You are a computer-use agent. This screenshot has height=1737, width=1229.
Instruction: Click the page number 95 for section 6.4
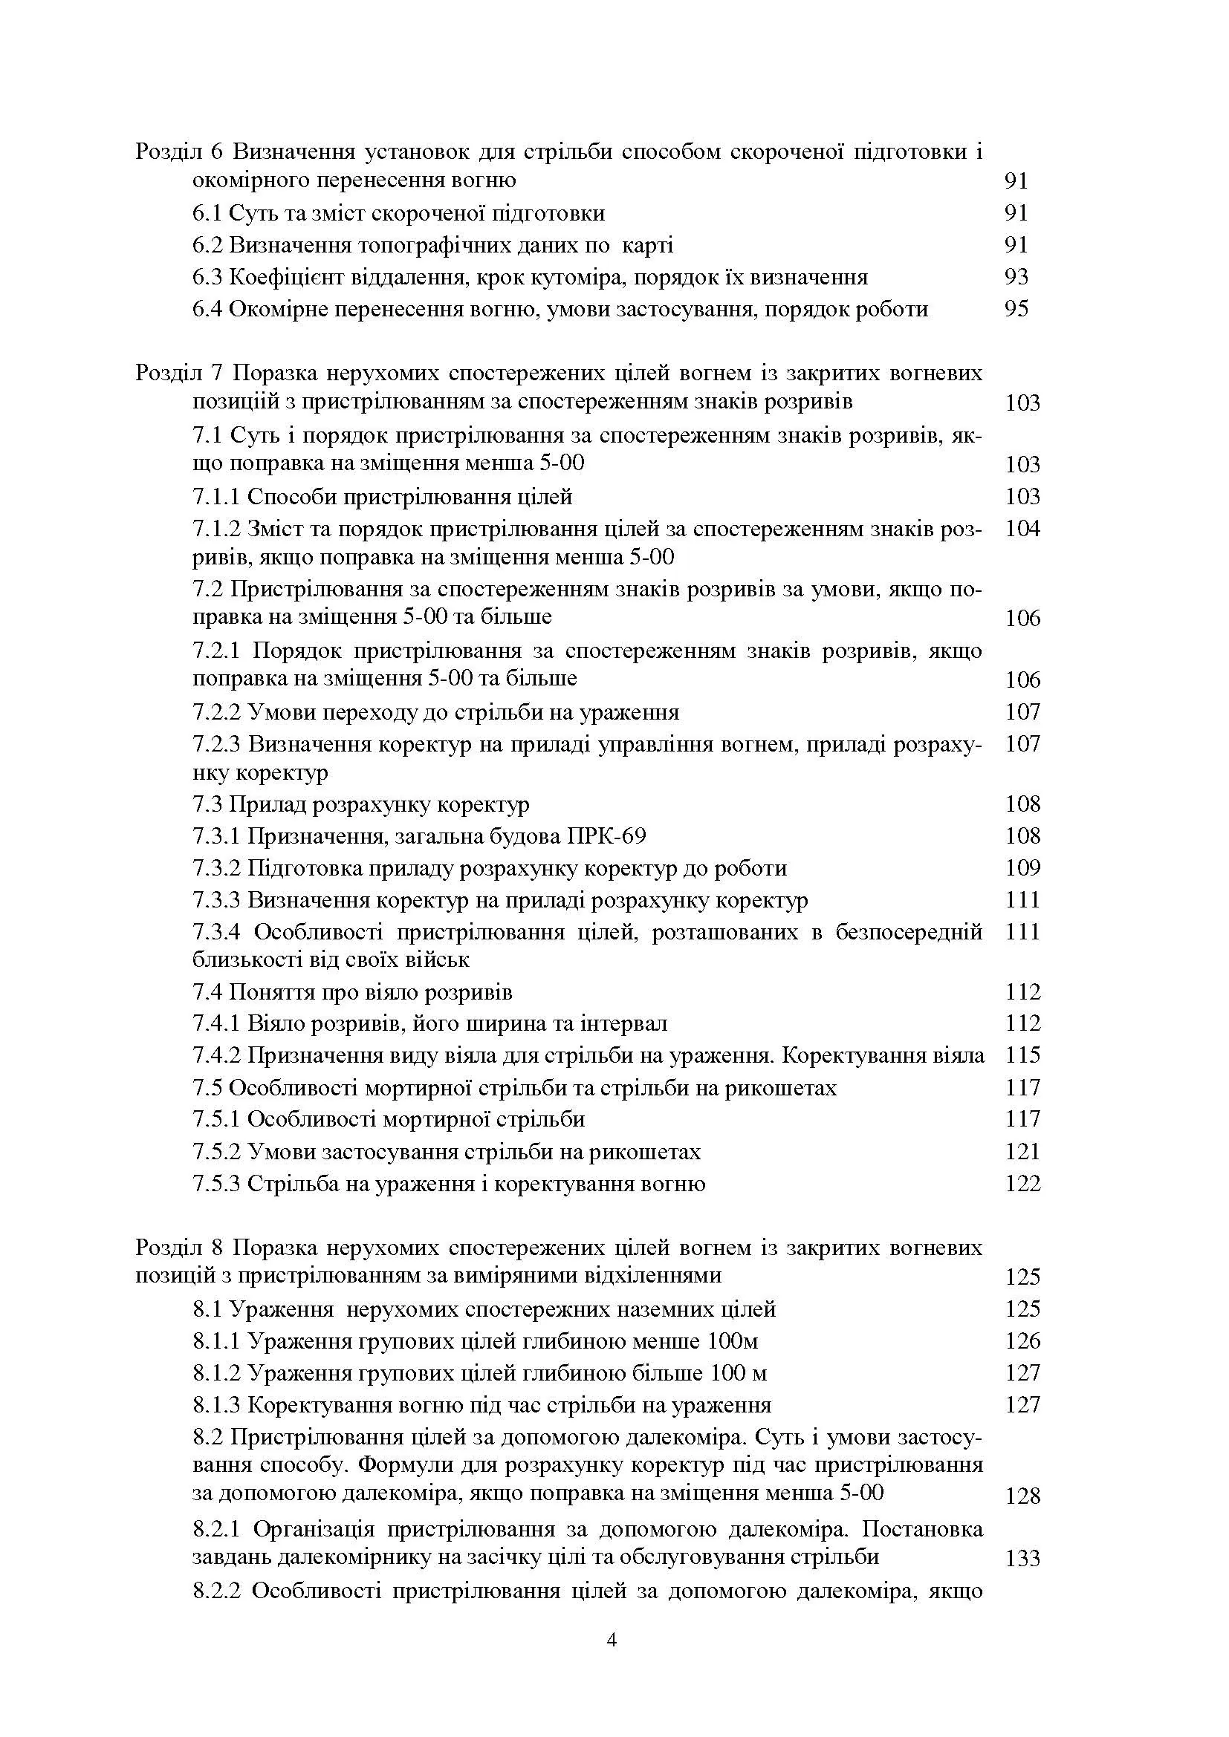1016,310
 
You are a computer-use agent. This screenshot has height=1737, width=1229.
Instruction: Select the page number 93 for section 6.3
1016,277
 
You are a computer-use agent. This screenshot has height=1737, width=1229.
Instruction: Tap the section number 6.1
207,213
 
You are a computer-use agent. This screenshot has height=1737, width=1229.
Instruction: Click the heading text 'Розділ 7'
178,374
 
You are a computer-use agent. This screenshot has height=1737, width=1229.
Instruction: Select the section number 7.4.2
216,1055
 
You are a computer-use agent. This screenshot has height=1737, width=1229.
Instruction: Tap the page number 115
1022,1055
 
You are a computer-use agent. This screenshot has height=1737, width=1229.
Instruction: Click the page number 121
1022,1153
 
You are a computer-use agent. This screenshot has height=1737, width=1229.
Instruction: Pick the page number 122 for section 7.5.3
1022,1184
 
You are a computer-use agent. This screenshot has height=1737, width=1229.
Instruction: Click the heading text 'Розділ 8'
178,1248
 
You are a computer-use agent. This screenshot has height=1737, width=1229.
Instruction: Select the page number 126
1022,1341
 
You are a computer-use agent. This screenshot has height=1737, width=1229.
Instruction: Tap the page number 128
1022,1496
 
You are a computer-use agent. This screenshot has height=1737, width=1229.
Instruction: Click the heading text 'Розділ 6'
178,152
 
